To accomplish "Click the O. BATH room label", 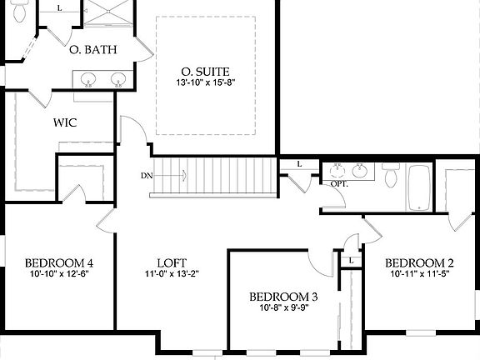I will [x=92, y=50].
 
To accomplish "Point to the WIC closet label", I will [x=65, y=122].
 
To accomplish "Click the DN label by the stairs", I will [x=147, y=175].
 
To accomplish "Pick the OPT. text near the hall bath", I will [x=339, y=182].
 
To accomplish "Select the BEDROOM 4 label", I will [x=58, y=261].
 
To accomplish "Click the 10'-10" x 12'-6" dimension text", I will [x=58, y=273].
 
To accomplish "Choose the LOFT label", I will [x=171, y=261].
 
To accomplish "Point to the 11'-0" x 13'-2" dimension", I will [x=171, y=273].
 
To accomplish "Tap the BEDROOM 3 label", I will [x=283, y=296].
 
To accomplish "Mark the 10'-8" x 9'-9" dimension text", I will [x=283, y=308].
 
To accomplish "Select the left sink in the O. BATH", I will [x=90, y=80].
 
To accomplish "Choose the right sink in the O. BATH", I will [x=118, y=80].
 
